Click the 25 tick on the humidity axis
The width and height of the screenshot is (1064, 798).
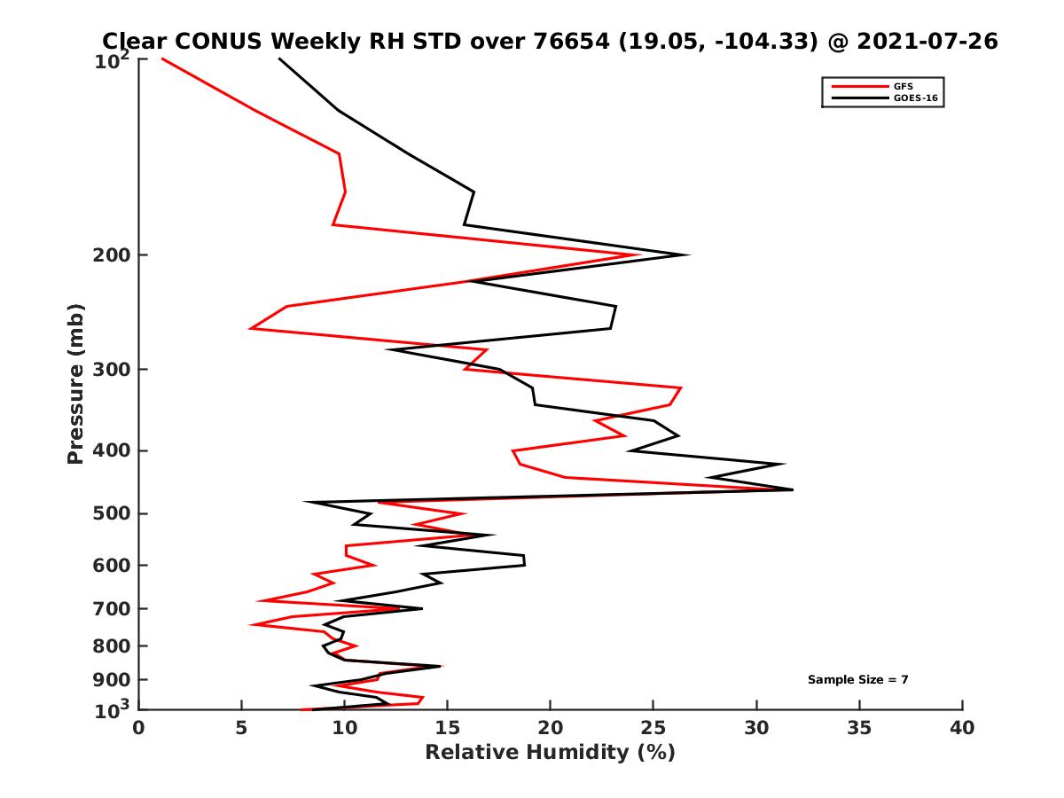click(x=653, y=729)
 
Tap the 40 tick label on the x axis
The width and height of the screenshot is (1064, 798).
click(x=962, y=729)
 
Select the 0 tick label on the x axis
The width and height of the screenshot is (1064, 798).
click(x=139, y=729)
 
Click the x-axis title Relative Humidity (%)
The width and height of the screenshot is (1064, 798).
click(x=550, y=753)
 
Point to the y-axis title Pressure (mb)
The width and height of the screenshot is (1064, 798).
click(x=75, y=383)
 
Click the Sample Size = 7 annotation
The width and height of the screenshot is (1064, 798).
click(x=857, y=680)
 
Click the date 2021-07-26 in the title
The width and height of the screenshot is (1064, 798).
click(x=923, y=41)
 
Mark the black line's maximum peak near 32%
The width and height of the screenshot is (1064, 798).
click(x=793, y=489)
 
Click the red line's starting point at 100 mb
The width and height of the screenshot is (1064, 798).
click(x=162, y=59)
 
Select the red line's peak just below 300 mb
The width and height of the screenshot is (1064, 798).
click(x=681, y=388)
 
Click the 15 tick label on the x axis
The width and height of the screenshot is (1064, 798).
click(x=447, y=729)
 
